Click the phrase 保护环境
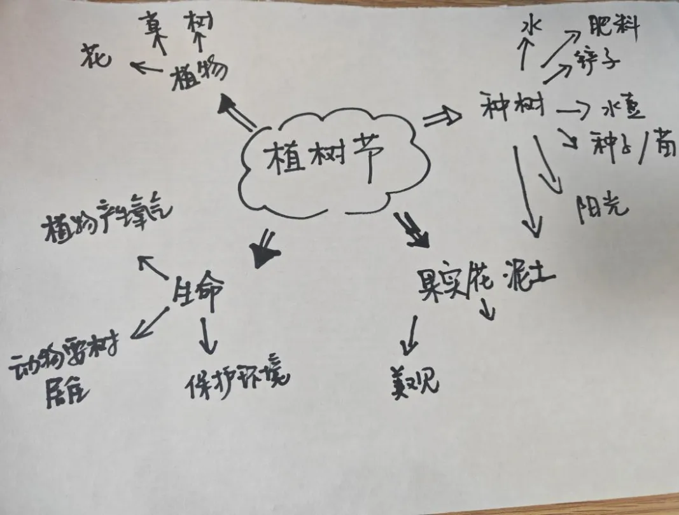coord(237,378)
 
